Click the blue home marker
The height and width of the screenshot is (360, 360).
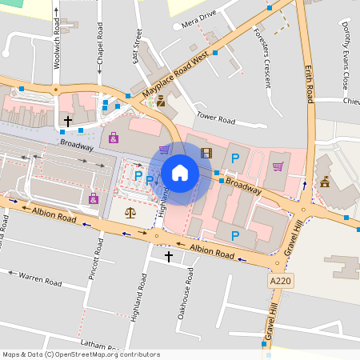tap(180, 172)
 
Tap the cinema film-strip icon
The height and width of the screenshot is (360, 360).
tap(207, 153)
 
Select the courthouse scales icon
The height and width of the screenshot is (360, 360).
tap(130, 213)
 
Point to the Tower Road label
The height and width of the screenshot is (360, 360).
tap(215, 119)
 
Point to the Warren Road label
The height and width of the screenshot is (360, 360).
tap(40, 278)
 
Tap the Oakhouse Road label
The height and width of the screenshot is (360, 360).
tap(190, 288)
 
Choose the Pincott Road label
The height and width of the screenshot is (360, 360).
tap(94, 274)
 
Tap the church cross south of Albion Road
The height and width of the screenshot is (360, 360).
tap(168, 256)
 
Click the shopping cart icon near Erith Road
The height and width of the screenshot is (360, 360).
tap(278, 166)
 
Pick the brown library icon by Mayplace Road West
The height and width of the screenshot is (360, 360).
tap(161, 101)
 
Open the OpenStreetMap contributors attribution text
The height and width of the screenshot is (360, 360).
tap(81, 354)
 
